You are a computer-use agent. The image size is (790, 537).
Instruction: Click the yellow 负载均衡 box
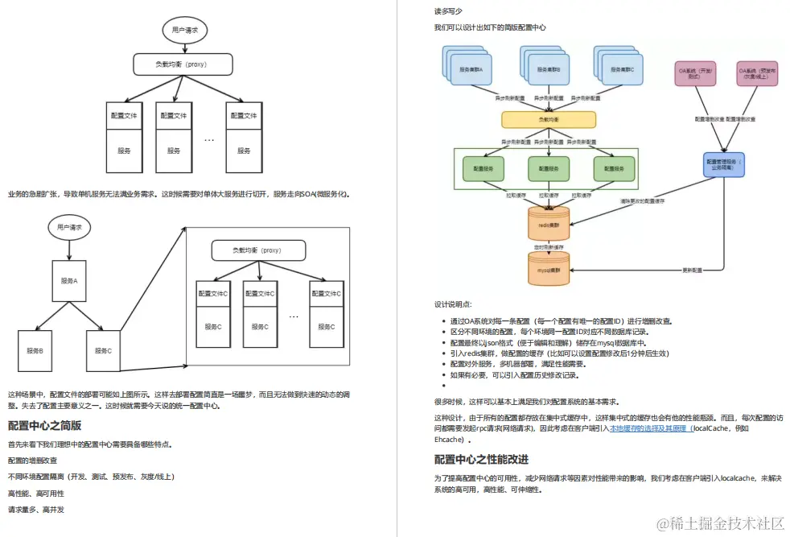coord(549,119)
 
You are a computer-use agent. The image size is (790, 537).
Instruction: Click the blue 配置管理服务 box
coord(724,165)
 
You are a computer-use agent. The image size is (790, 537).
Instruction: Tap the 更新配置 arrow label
coord(692,269)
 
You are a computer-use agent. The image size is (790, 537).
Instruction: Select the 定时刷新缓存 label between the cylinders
coord(549,246)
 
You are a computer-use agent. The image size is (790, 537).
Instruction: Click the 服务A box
coord(68,281)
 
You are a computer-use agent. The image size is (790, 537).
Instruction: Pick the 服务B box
coord(35,350)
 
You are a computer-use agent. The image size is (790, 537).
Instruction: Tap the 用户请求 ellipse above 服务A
coord(69,228)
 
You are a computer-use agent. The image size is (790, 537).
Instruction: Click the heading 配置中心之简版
coord(44,425)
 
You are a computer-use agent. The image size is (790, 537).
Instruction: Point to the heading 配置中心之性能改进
coord(481,459)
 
